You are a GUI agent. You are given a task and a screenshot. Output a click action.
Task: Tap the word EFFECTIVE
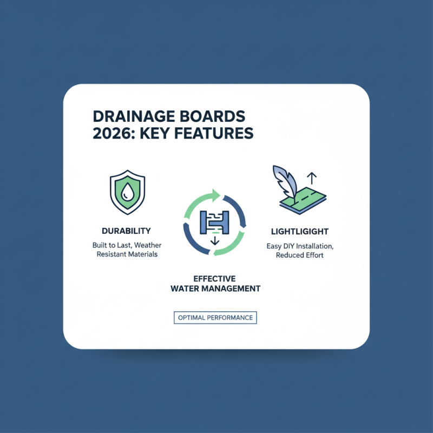[x=215, y=278]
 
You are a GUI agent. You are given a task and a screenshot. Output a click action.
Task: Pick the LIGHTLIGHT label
[x=299, y=231]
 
